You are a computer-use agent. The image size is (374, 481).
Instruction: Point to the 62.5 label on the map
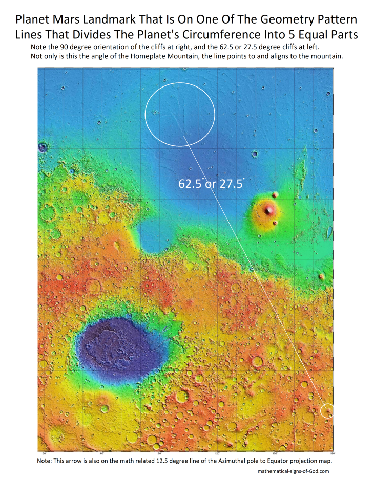tap(191, 184)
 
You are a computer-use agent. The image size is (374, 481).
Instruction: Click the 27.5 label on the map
tap(231, 184)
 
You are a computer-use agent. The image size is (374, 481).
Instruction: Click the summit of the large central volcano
tap(269, 209)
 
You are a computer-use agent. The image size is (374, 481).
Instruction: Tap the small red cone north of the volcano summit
tap(275, 195)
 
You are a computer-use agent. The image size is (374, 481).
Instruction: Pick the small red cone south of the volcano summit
tap(276, 223)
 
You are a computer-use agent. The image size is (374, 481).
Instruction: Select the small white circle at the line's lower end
tap(327, 410)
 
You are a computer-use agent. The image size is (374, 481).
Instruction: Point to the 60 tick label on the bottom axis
tap(101, 453)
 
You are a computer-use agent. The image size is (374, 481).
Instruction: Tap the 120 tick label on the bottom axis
tap(217, 453)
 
